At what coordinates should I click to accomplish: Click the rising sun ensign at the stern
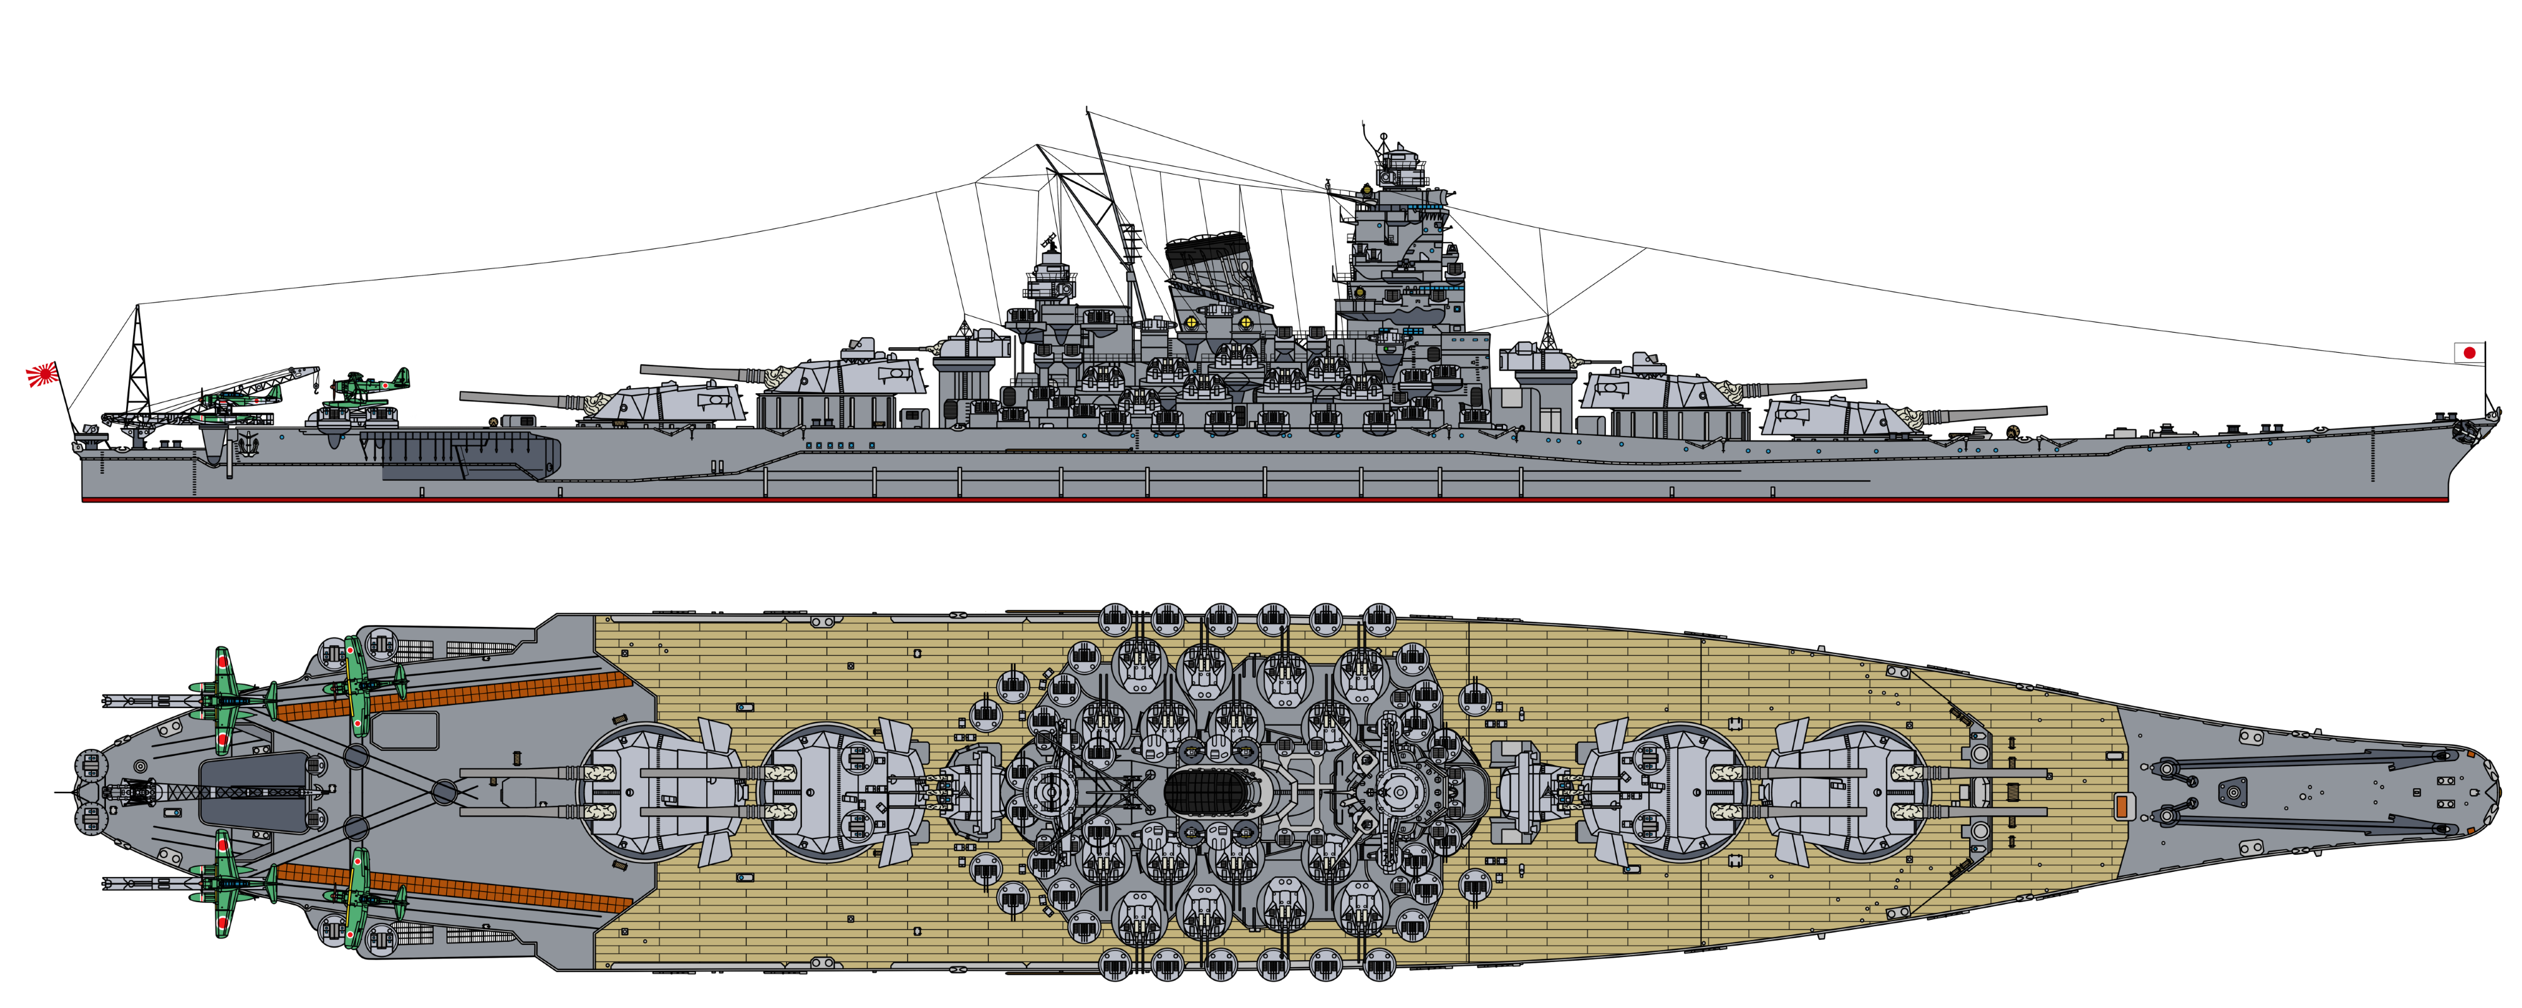pyautogui.click(x=43, y=374)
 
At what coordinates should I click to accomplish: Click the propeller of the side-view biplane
pyautogui.click(x=407, y=377)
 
